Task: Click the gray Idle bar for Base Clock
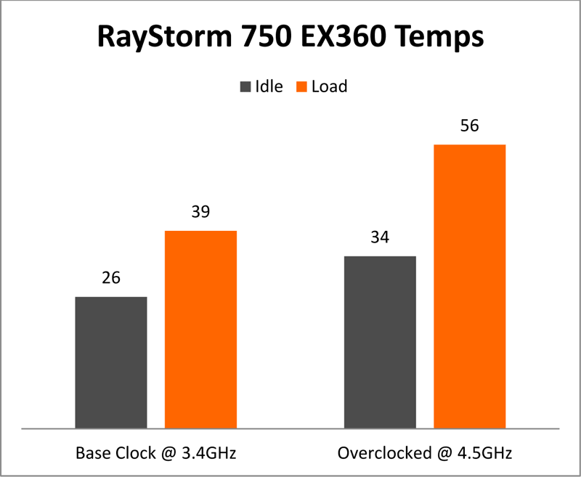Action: pos(111,362)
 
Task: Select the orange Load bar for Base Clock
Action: pos(201,330)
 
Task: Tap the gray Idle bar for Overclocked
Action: pos(380,342)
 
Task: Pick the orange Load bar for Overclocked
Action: pos(470,286)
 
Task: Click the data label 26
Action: pos(111,278)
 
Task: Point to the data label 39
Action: pos(201,212)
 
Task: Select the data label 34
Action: pos(380,237)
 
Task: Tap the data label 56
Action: pos(470,126)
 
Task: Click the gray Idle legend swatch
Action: pos(245,87)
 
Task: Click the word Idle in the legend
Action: pos(268,87)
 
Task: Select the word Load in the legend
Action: pos(329,87)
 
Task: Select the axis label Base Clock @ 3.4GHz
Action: pos(156,453)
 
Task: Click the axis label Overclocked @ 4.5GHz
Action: pos(425,453)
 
